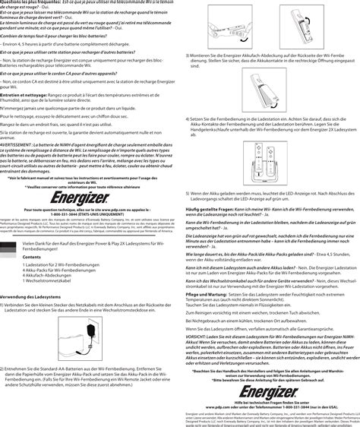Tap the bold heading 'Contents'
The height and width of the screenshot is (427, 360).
33,257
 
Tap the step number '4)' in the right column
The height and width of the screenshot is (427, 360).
188,120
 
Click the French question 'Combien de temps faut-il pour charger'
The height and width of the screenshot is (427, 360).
61,35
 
